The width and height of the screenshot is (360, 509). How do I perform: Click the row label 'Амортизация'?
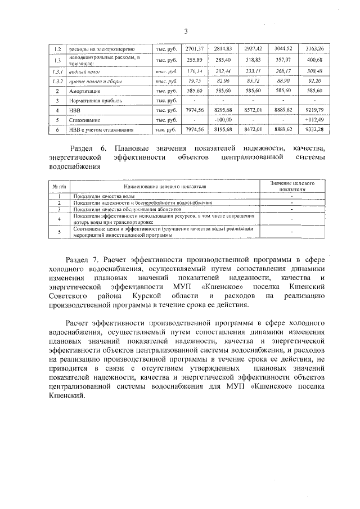85,91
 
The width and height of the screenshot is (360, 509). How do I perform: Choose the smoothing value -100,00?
223,120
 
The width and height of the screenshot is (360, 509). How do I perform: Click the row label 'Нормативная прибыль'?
96,100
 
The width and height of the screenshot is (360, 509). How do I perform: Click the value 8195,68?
223,130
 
